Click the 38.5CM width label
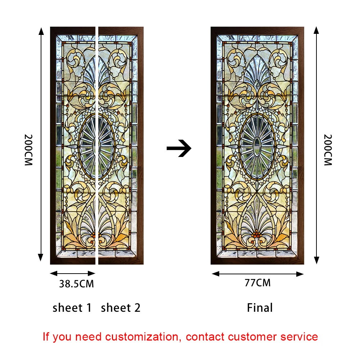point(76,284)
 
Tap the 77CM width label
point(257,283)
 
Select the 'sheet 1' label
point(72,308)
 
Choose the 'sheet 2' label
point(121,308)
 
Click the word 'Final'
point(260,308)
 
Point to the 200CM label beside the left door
point(28,150)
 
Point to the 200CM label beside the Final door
point(328,150)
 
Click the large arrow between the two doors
point(179,148)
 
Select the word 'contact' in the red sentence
point(206,337)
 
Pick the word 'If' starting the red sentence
point(46,337)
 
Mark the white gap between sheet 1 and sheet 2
point(97,144)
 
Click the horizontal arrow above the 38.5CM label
point(72,274)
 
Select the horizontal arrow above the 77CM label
point(257,274)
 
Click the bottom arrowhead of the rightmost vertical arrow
point(316,260)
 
